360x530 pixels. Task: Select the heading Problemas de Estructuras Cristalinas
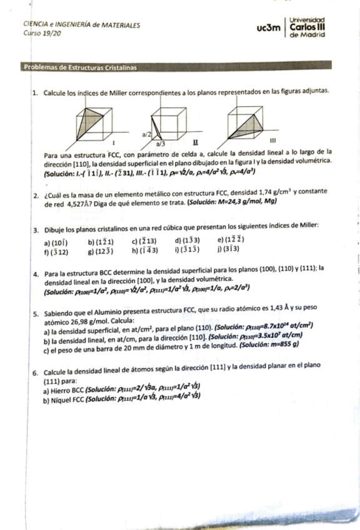[80, 67]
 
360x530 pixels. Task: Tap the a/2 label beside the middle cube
[146, 134]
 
